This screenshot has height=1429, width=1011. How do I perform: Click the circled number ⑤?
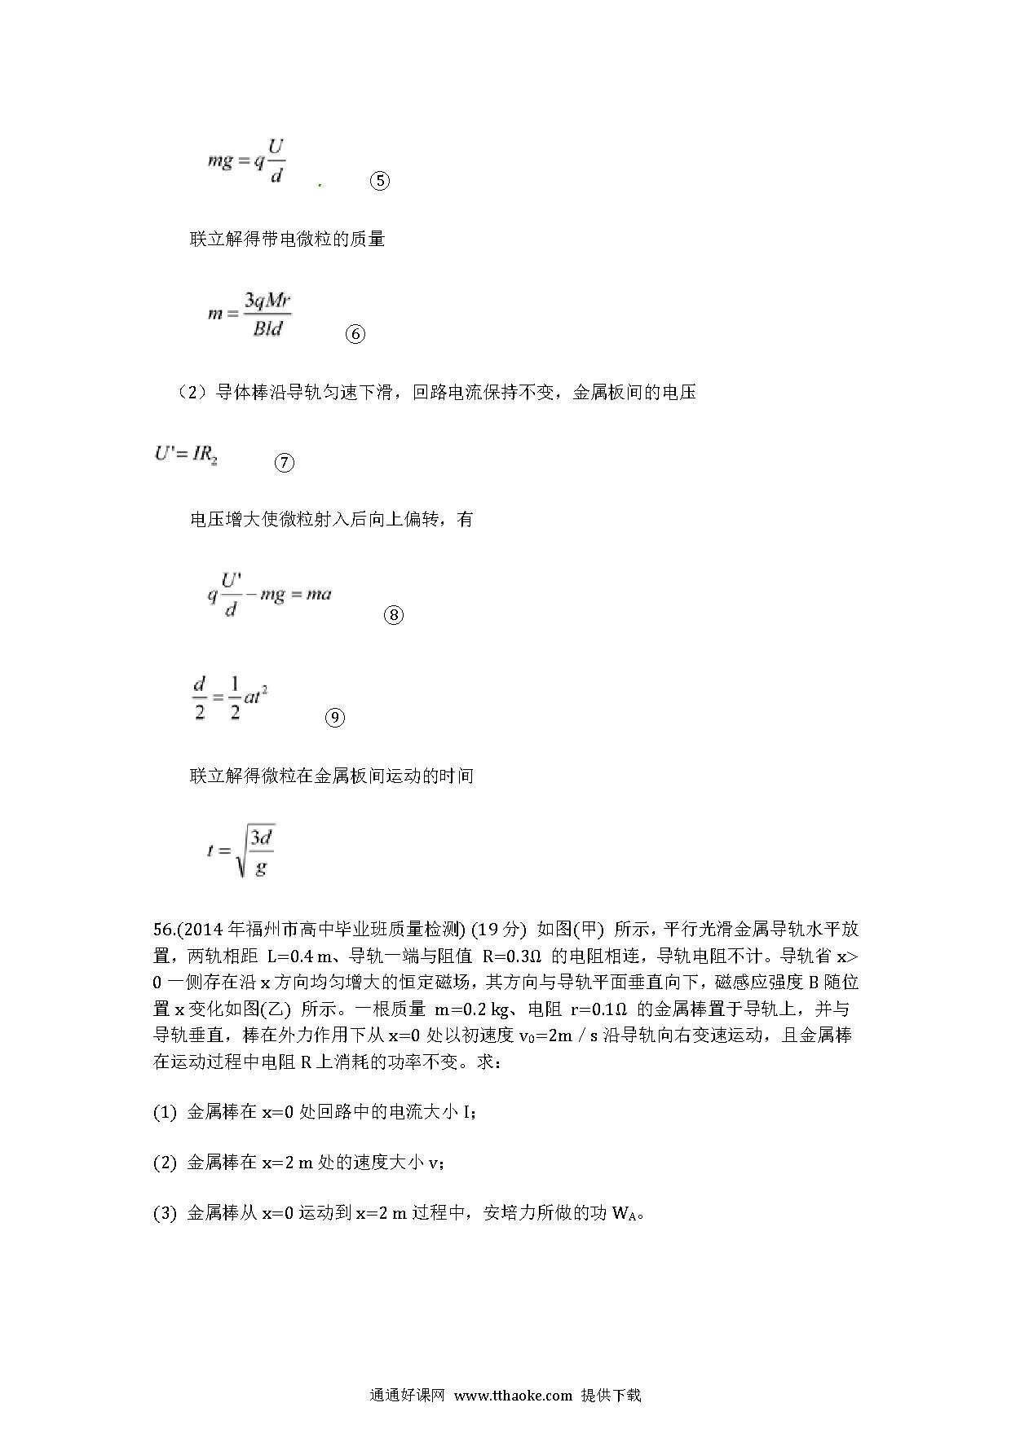click(x=379, y=181)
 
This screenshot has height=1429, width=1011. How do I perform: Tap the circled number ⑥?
click(x=355, y=334)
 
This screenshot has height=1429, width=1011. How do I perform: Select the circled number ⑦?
click(x=284, y=463)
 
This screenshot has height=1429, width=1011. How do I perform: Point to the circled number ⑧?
click(x=393, y=615)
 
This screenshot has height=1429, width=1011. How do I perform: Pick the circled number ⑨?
click(x=334, y=718)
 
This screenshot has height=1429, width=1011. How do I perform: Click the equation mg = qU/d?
click(x=245, y=161)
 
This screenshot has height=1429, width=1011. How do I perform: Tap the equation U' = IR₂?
click(x=186, y=454)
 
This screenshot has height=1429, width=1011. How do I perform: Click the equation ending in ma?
click(x=269, y=595)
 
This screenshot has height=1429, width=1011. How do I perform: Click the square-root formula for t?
click(x=241, y=851)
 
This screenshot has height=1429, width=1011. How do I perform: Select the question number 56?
click(x=163, y=930)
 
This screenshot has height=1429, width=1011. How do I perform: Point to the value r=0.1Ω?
click(x=598, y=1009)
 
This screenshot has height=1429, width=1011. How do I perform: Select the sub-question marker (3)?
click(x=165, y=1213)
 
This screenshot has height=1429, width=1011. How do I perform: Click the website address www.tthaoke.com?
click(x=513, y=1395)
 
